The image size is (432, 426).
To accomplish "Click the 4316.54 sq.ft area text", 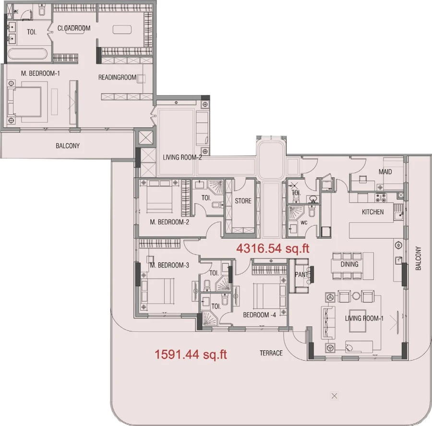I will click(273, 249).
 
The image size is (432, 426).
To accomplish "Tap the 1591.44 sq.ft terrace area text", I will click(191, 355).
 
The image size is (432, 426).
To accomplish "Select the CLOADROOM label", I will click(74, 28).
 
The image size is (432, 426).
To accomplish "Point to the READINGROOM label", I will click(118, 77).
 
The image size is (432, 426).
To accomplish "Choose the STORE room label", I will click(243, 201).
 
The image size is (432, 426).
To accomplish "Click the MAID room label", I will click(385, 172).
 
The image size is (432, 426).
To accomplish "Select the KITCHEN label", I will click(372, 212).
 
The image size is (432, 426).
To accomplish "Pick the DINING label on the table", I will click(349, 264).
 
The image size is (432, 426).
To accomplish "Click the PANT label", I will click(301, 275).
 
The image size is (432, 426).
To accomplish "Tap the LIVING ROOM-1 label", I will click(364, 318).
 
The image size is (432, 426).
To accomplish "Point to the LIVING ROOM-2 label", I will click(182, 158).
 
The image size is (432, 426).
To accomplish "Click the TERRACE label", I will click(271, 353).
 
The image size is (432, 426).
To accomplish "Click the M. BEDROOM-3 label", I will click(169, 265).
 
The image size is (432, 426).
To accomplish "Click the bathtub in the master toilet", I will click(27, 54).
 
